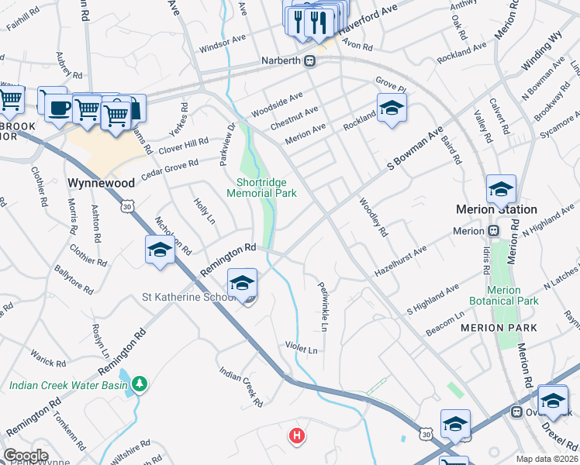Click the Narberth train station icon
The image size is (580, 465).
pos(310,60)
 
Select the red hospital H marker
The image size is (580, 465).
pos(295,436)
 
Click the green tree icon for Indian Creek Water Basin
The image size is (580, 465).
pos(140,383)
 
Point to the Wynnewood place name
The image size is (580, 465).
pos(102,184)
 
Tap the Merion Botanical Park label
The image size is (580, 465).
pos(504,295)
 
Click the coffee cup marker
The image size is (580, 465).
pos(57,108)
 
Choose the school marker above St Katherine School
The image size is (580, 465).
pos(242,284)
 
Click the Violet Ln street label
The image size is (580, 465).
pos(302,349)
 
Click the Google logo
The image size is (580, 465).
pos(26,456)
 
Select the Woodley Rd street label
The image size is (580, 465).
pos(372,217)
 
